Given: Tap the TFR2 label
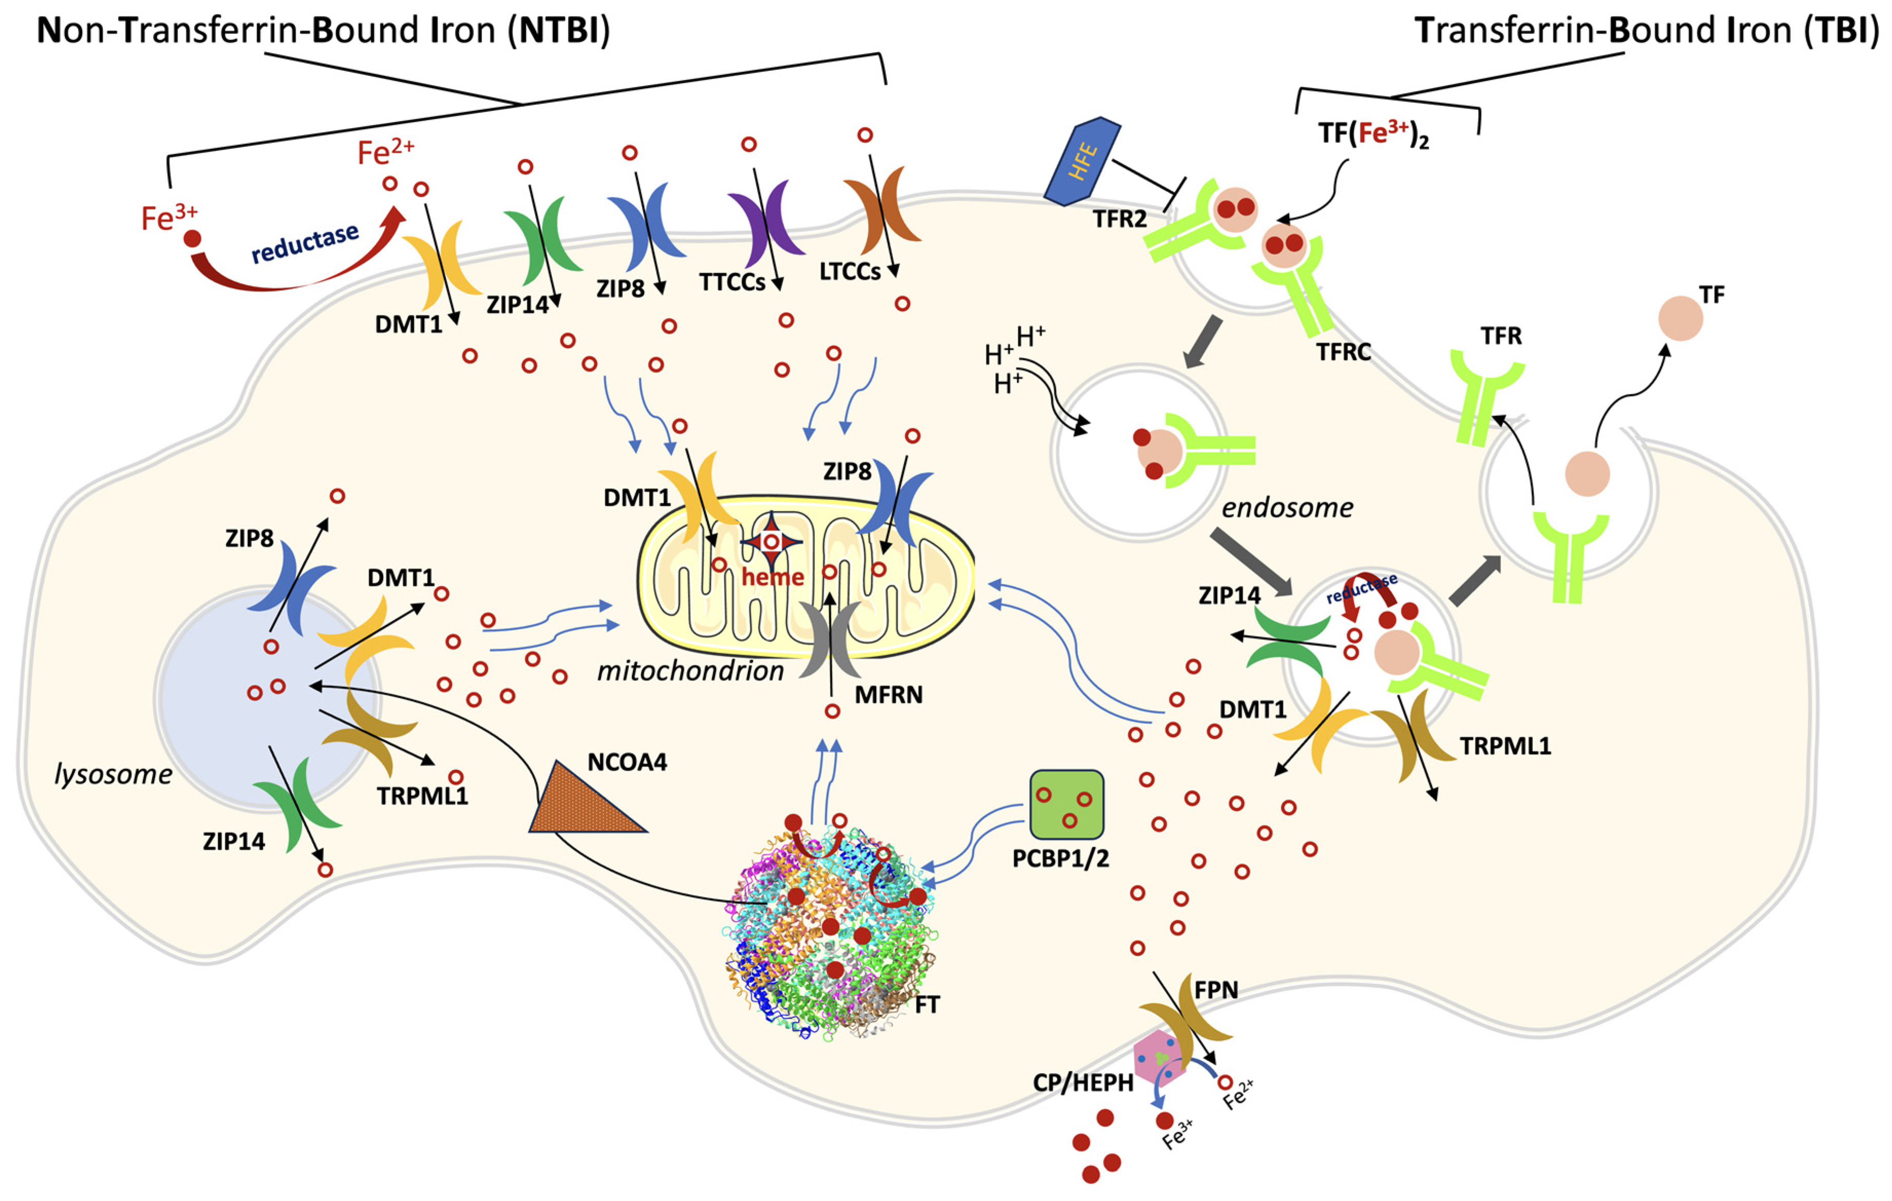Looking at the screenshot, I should tap(1119, 219).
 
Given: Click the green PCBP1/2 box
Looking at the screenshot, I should tap(1066, 804).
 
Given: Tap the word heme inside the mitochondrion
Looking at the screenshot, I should tap(772, 577).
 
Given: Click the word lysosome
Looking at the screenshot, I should tap(113, 774).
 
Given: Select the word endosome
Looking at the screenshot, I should tap(1287, 508).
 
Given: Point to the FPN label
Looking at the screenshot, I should tap(1216, 990).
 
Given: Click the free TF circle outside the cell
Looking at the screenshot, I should tap(1680, 318).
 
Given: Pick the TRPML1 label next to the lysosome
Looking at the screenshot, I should tap(422, 796).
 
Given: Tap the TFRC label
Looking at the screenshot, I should tap(1344, 352).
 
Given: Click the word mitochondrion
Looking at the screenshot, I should tap(690, 671).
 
